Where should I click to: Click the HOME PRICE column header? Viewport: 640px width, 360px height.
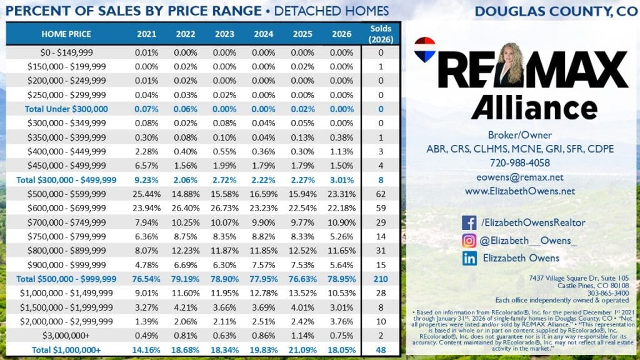pyautogui.click(x=66, y=34)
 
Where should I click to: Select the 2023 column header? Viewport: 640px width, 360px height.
pyautogui.click(x=224, y=34)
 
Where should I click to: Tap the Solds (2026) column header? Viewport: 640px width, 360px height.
pyautogui.click(x=381, y=34)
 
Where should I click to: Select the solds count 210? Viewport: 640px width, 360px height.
pyautogui.click(x=381, y=279)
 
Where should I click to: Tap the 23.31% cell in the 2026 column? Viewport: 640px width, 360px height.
pyautogui.click(x=341, y=193)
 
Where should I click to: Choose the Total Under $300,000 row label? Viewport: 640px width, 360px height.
pyautogui.click(x=66, y=109)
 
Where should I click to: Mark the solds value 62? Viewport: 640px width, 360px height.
pyautogui.click(x=381, y=193)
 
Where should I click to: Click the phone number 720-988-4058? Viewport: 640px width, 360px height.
pyautogui.click(x=519, y=162)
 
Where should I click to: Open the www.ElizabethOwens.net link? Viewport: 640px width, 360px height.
pyautogui.click(x=519, y=191)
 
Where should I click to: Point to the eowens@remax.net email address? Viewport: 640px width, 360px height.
pyautogui.click(x=519, y=177)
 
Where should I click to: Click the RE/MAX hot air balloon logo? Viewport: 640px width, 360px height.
pyautogui.click(x=424, y=50)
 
